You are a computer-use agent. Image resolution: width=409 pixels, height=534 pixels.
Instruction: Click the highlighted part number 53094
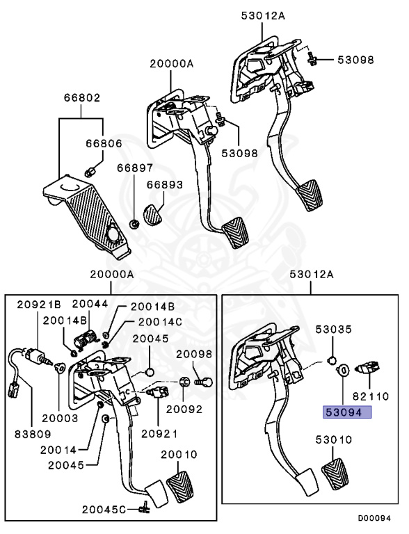[346, 412]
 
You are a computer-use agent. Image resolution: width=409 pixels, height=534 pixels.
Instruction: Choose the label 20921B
[39, 304]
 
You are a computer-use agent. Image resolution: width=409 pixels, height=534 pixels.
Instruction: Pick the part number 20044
[90, 304]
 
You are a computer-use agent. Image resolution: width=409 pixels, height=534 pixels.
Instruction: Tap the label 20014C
[159, 321]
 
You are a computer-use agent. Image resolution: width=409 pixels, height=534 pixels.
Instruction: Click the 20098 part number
[193, 353]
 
